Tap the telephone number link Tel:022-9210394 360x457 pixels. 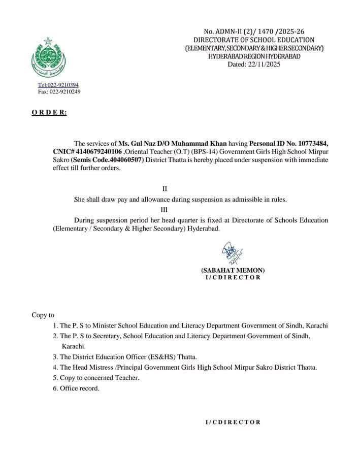(58, 85)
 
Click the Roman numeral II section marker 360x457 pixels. (164, 189)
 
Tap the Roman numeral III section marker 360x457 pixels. (164, 209)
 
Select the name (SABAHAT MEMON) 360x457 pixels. (233, 270)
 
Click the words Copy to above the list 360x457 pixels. (43, 315)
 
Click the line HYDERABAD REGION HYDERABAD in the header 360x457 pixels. (254, 56)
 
